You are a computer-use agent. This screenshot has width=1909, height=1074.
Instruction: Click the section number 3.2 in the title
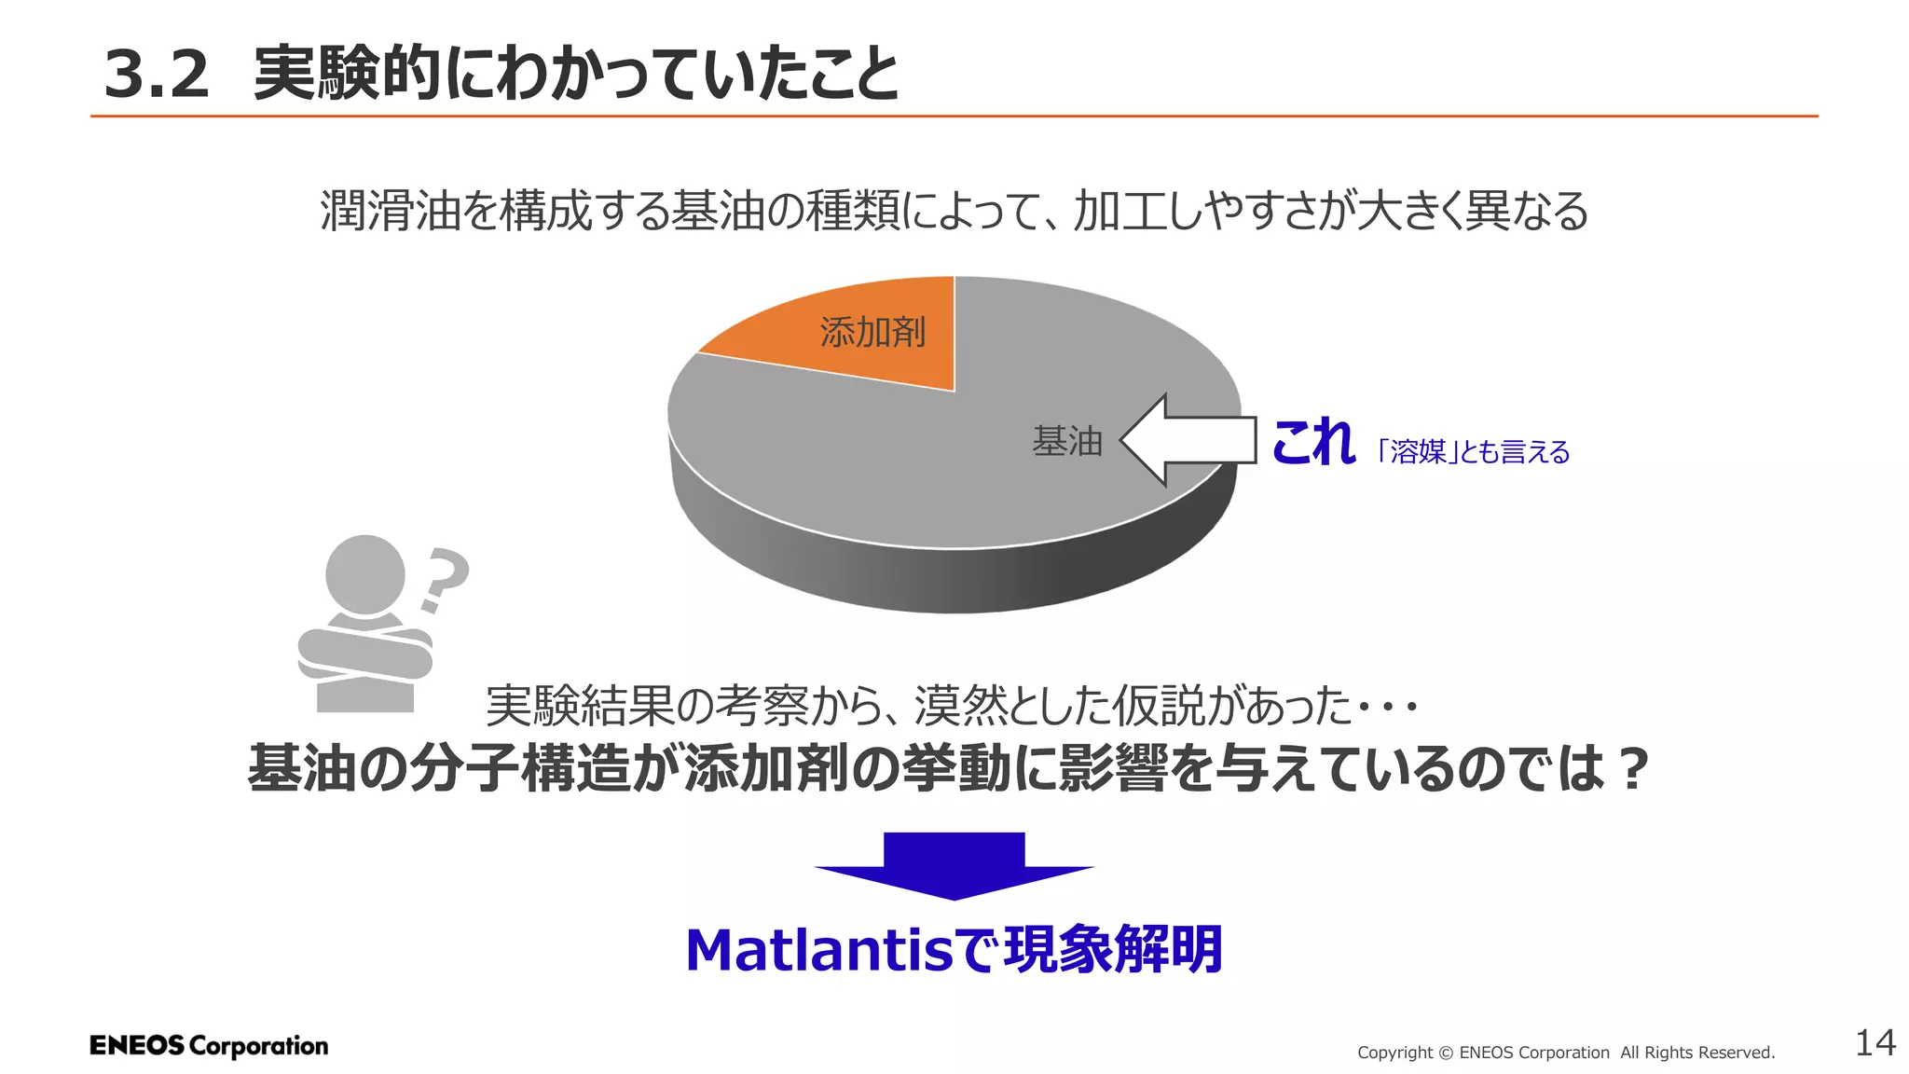[x=156, y=75]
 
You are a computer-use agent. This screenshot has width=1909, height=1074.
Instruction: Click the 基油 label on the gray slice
[x=1067, y=441]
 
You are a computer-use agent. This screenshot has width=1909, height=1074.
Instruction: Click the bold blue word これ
[x=1312, y=442]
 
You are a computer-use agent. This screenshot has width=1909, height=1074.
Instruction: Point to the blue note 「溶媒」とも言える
[x=1474, y=452]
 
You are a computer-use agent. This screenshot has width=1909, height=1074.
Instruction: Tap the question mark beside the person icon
[x=443, y=579]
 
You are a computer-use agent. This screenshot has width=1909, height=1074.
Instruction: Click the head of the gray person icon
[x=364, y=573]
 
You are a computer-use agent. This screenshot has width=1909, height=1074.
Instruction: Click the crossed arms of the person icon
[x=364, y=653]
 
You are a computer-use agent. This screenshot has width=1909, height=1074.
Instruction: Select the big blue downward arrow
[x=954, y=864]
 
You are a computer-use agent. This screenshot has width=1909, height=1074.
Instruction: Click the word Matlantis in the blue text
[x=819, y=951]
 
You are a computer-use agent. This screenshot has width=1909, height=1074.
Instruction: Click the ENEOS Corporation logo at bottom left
[x=209, y=1046]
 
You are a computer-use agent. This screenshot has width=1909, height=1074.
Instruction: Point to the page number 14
[x=1875, y=1043]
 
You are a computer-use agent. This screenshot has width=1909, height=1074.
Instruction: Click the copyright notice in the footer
[x=1566, y=1053]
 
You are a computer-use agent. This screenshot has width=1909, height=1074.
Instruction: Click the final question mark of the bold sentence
[x=1632, y=768]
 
